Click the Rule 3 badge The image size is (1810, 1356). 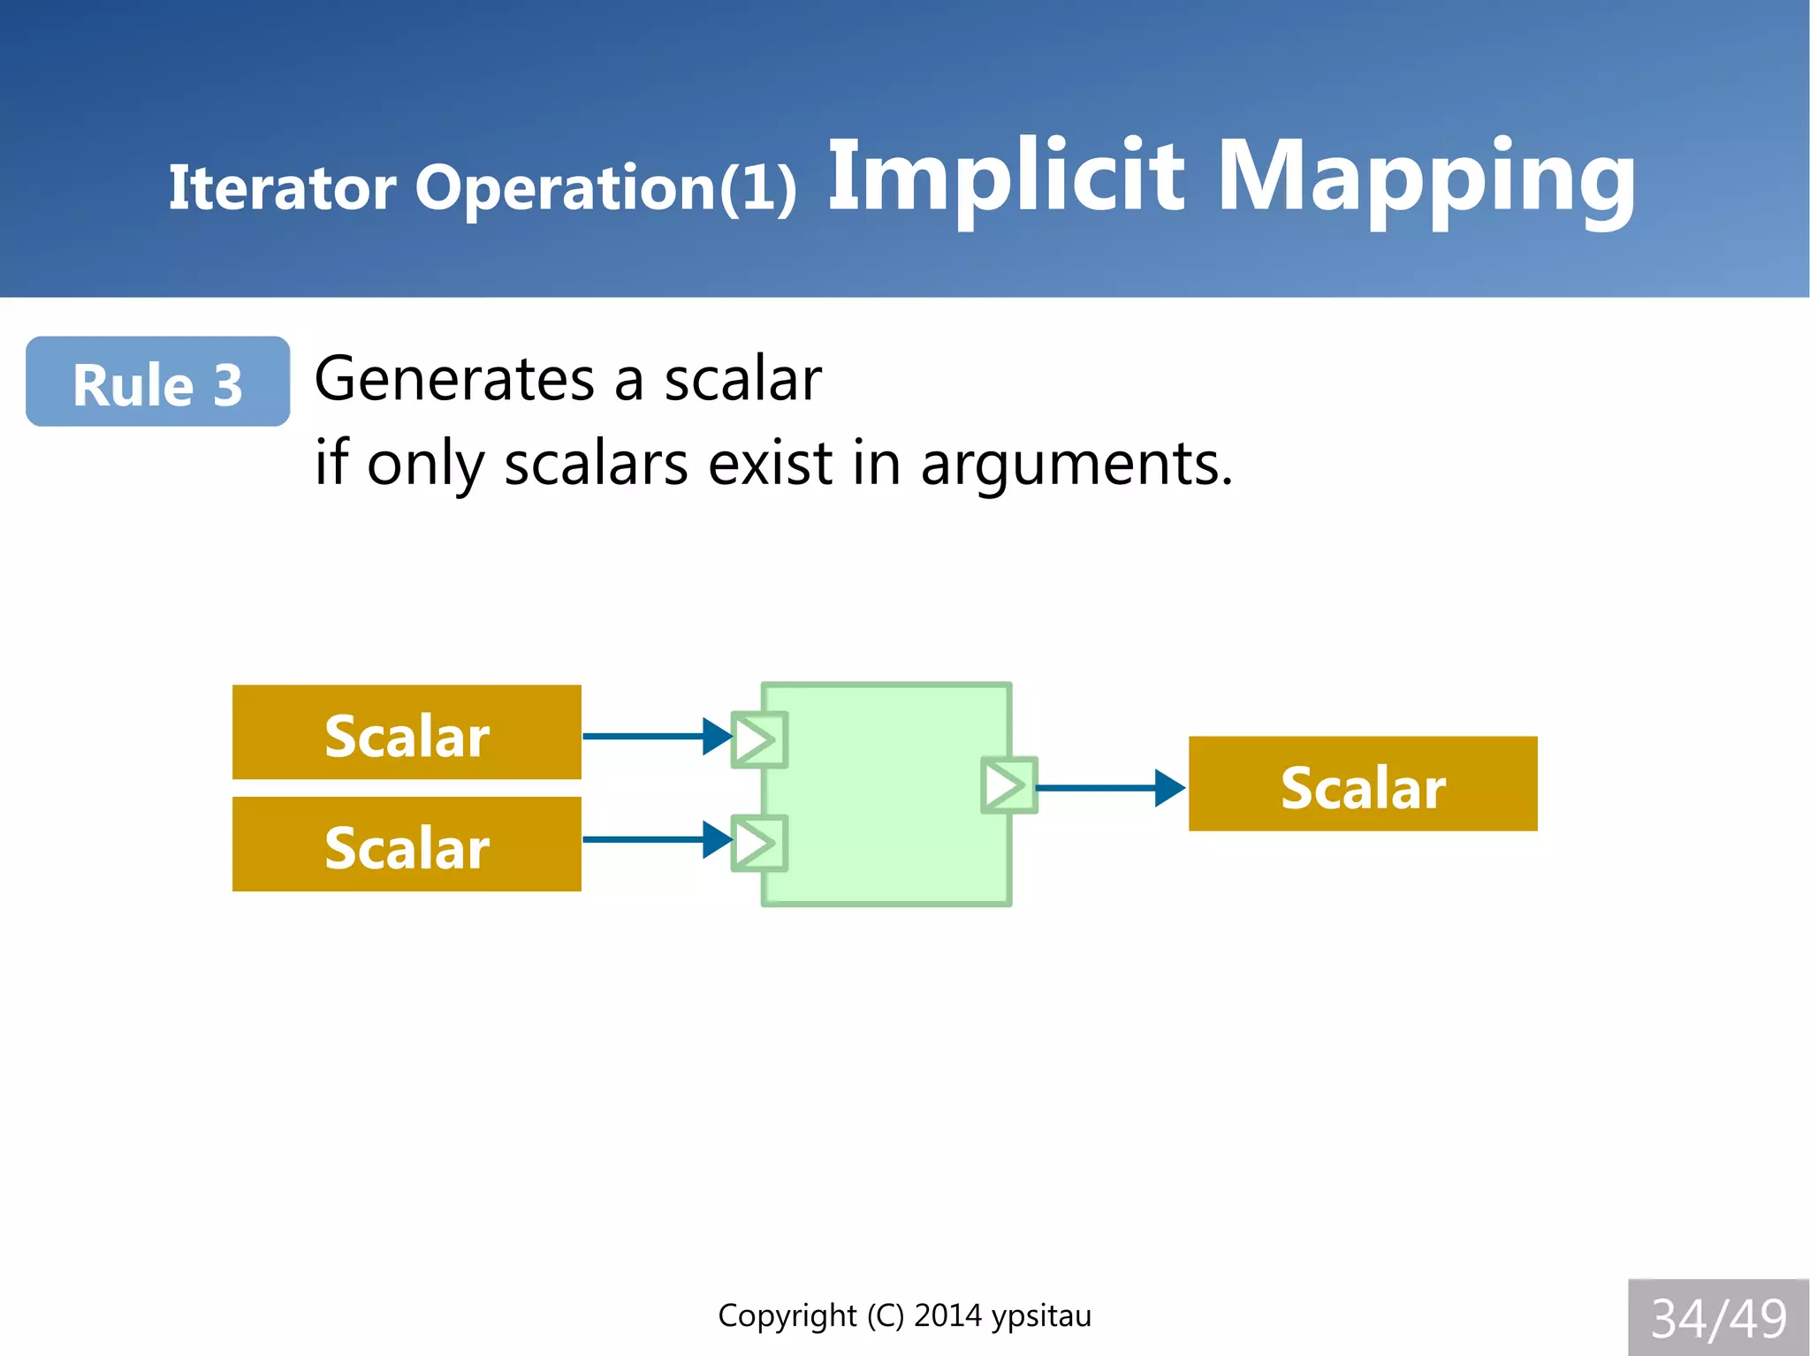click(157, 382)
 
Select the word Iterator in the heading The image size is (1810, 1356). click(282, 187)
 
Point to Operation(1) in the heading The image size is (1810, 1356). click(605, 187)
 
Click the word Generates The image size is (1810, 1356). click(454, 380)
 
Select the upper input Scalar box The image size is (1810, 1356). click(407, 732)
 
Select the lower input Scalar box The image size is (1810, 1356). click(407, 845)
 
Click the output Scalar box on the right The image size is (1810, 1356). click(1362, 784)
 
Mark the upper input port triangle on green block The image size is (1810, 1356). click(758, 739)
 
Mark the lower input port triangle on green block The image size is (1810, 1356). click(758, 844)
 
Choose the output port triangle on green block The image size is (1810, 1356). click(1008, 784)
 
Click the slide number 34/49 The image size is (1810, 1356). click(1718, 1318)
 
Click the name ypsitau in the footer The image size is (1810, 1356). click(1041, 1316)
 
